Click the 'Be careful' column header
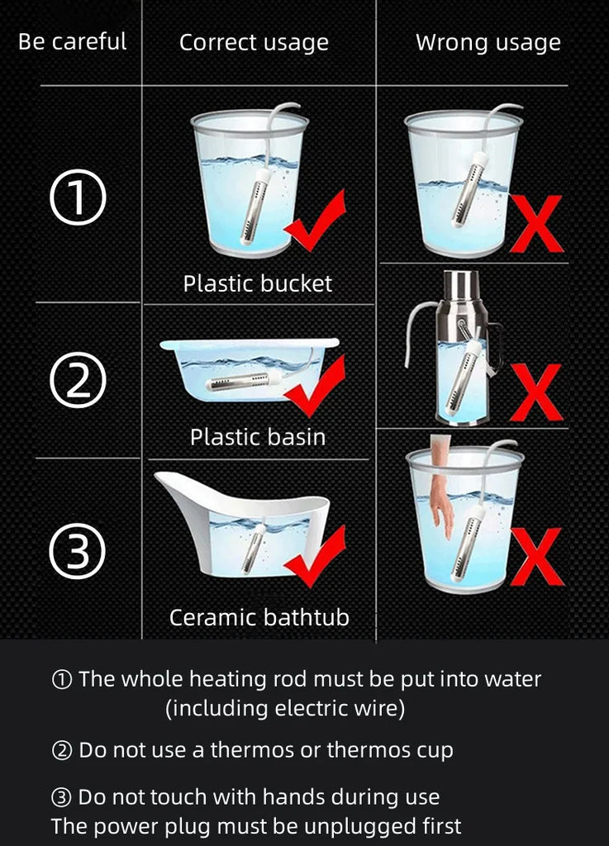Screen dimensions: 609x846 [72, 41]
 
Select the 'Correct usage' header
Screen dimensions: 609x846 [254, 43]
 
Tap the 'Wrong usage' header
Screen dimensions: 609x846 [488, 43]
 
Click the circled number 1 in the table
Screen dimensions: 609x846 [78, 197]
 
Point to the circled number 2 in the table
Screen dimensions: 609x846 [78, 380]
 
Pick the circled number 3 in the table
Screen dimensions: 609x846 [77, 551]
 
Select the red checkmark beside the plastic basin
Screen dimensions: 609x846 [316, 386]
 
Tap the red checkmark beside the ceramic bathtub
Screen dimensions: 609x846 [316, 556]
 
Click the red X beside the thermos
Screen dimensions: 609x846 [536, 392]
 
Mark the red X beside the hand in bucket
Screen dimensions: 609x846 [536, 557]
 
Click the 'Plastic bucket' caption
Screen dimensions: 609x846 [258, 284]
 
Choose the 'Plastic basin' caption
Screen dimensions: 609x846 [258, 437]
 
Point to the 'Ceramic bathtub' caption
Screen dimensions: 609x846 [259, 617]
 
